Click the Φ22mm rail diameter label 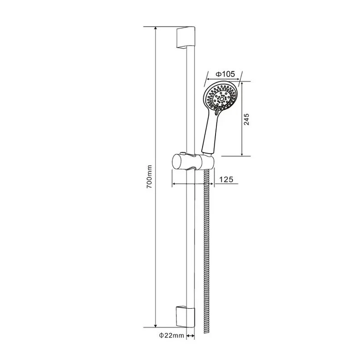(171, 335)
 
